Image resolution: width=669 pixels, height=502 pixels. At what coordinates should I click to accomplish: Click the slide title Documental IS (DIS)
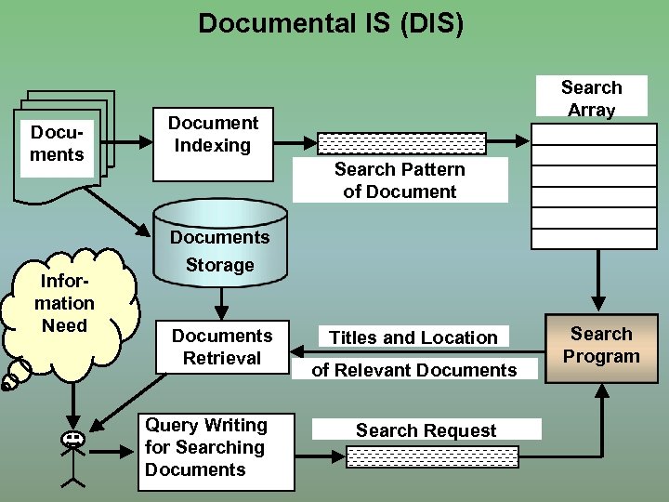(331, 22)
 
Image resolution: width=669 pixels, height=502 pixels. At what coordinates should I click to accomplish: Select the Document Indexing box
(213, 135)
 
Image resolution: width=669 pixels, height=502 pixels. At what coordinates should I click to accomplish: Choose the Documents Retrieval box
(222, 347)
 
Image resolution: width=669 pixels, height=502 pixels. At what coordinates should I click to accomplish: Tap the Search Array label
(591, 99)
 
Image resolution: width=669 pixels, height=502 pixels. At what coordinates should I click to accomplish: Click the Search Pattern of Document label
(400, 180)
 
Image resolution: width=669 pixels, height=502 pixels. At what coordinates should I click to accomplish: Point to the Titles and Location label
(413, 337)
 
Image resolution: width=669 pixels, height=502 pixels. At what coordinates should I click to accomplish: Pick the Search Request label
(426, 430)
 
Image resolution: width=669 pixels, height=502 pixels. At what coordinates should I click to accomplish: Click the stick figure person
(72, 456)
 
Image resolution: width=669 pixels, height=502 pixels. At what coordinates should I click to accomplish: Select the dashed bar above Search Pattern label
(401, 143)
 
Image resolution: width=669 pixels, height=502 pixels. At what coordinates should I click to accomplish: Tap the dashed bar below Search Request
(431, 456)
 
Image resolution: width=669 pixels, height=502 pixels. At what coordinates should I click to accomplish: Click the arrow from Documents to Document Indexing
(128, 143)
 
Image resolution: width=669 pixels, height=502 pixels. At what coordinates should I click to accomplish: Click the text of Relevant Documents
(414, 370)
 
